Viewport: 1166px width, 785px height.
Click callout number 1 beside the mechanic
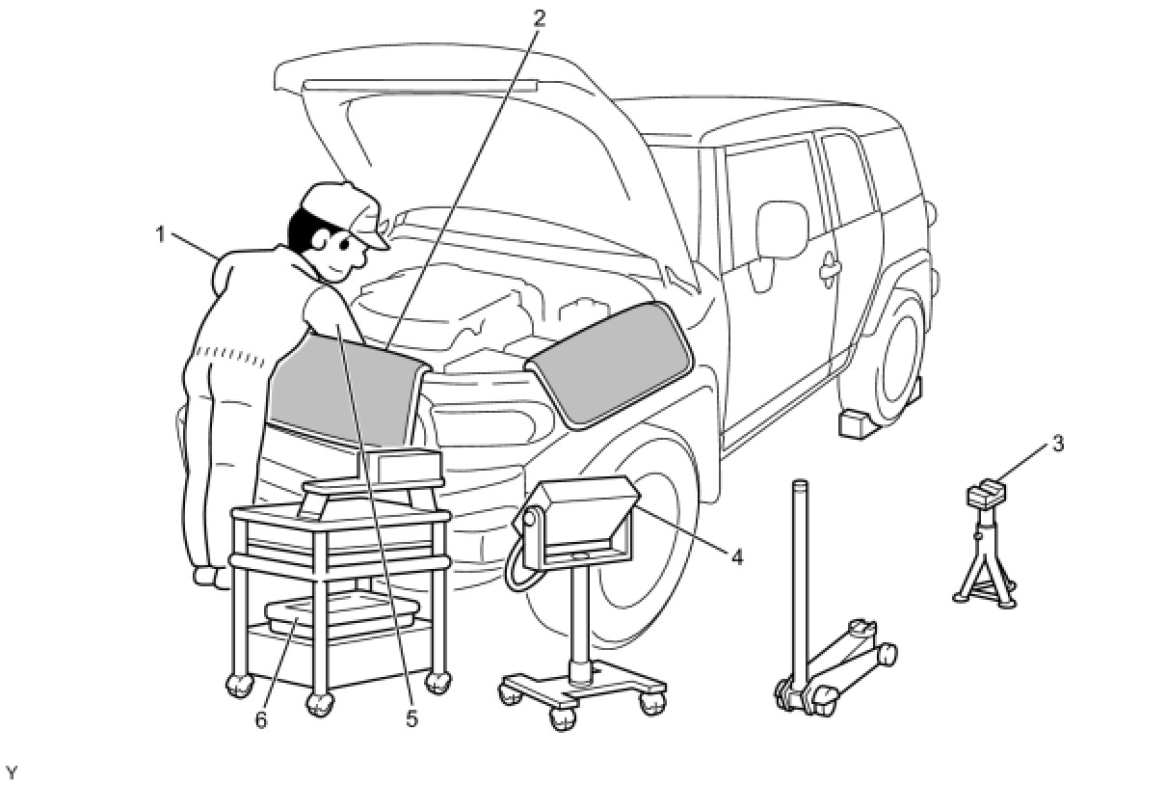tap(162, 233)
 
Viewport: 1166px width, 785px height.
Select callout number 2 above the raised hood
tap(539, 18)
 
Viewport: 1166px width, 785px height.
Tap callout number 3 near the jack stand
tap(1057, 445)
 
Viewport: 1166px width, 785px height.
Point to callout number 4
tap(736, 556)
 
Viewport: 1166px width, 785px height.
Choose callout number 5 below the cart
tap(411, 719)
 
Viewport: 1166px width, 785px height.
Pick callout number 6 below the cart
tap(261, 719)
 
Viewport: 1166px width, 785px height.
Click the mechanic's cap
tap(342, 211)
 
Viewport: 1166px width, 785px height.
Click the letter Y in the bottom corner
tap(12, 772)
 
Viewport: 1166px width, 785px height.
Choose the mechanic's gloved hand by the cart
tap(206, 576)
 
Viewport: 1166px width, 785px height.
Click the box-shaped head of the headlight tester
tap(583, 516)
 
